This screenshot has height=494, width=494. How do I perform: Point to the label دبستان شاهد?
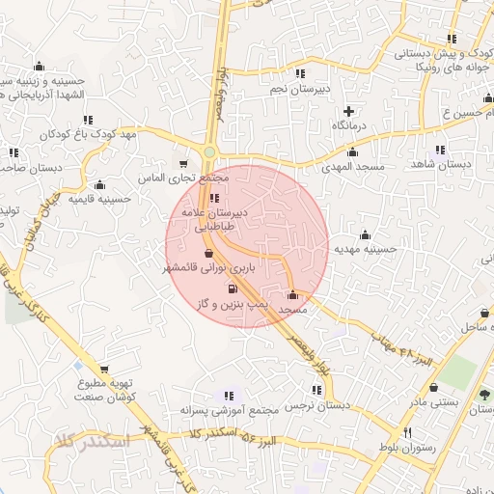[440, 164]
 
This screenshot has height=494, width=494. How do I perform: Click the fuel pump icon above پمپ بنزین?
[231, 288]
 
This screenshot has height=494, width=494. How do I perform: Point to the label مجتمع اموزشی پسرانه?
[229, 410]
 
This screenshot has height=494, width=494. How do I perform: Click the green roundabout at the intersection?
[209, 152]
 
